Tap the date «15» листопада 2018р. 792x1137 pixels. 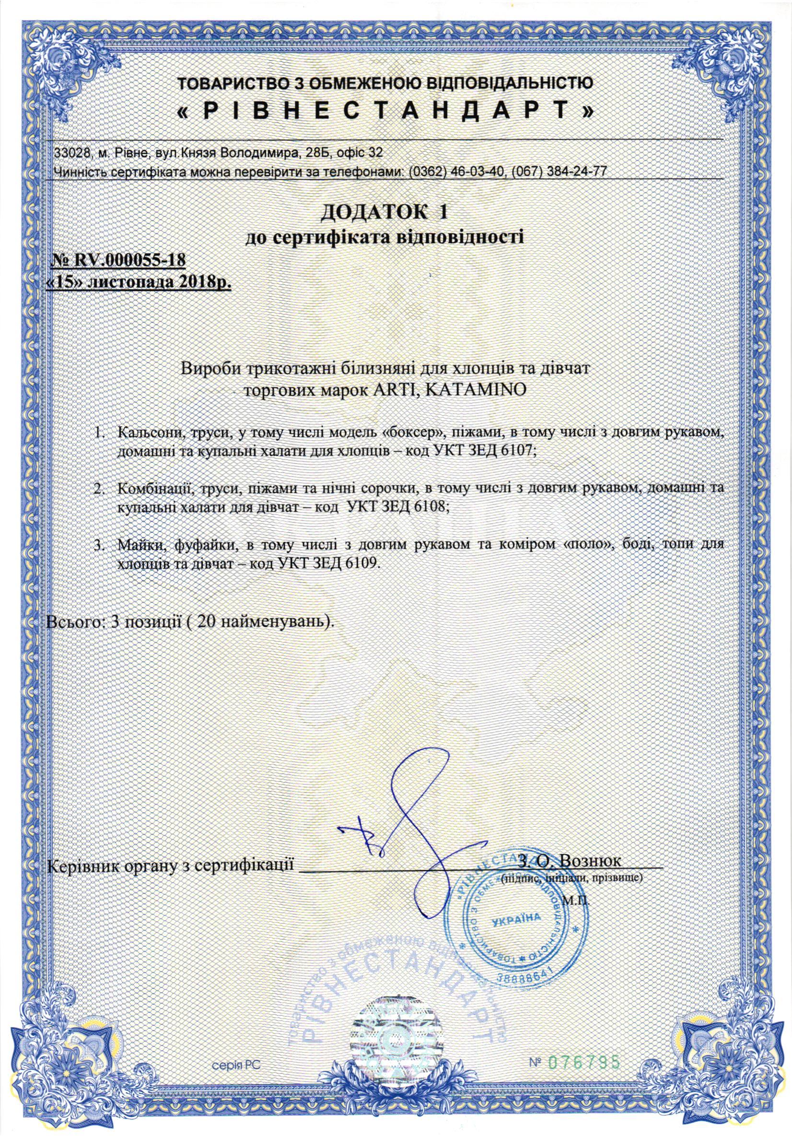tap(138, 284)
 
